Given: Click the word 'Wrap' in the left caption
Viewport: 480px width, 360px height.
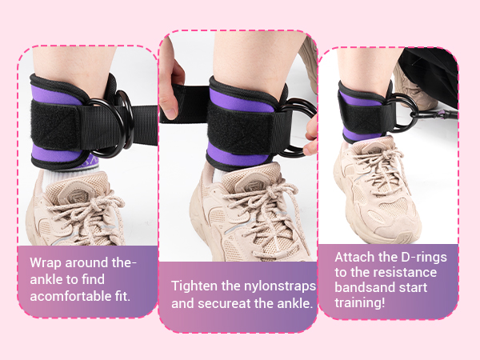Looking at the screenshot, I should point(45,262).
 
